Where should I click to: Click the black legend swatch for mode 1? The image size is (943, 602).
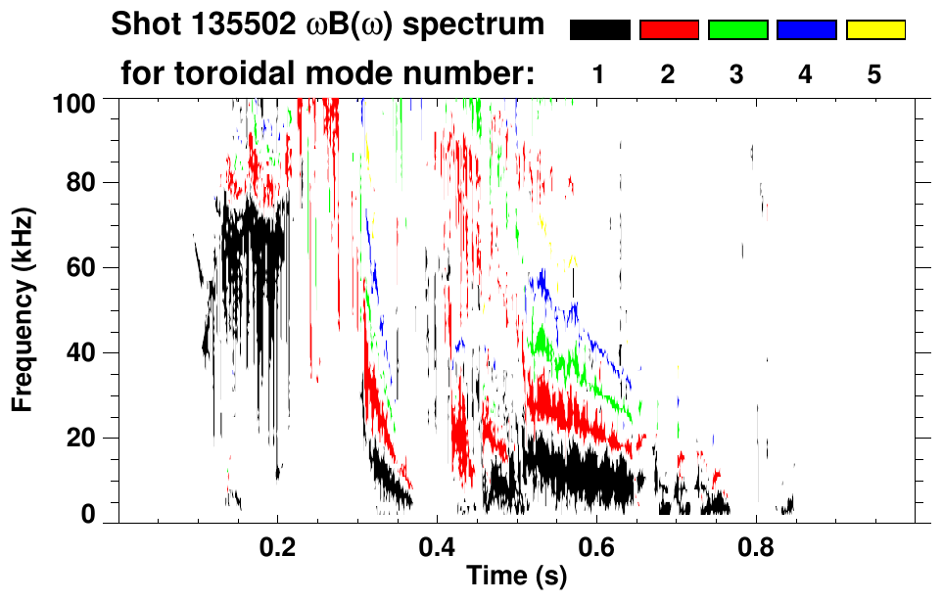[x=600, y=30]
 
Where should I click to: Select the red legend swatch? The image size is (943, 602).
[x=669, y=30]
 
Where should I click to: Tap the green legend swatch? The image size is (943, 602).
[x=737, y=30]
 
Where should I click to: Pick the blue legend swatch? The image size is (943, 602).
[x=806, y=30]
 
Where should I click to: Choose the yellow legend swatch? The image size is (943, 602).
[x=875, y=30]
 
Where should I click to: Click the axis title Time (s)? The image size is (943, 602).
[x=515, y=578]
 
